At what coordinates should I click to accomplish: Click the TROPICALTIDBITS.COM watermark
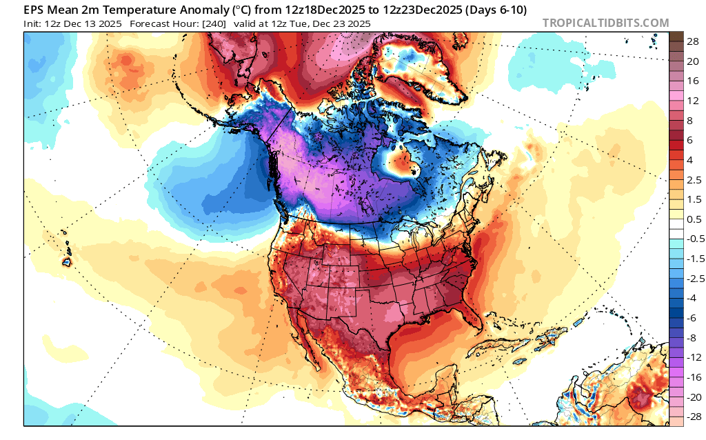click(x=605, y=23)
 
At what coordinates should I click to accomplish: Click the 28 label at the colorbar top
click(x=694, y=41)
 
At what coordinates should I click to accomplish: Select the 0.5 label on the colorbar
click(x=694, y=219)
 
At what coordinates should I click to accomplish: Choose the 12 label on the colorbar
click(x=694, y=100)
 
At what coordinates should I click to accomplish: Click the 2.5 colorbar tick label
click(x=694, y=179)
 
